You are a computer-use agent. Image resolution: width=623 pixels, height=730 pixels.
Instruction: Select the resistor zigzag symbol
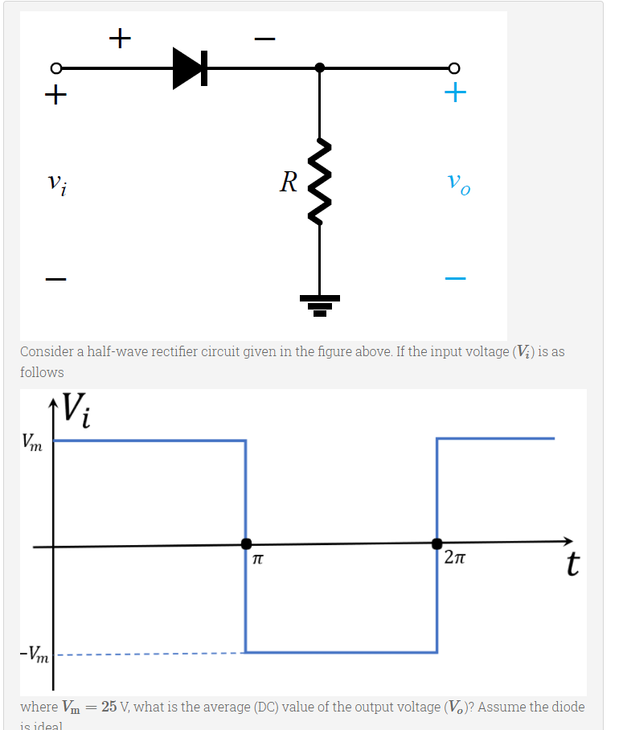(x=320, y=182)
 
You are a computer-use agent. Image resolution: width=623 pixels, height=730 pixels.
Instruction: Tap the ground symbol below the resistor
(x=320, y=304)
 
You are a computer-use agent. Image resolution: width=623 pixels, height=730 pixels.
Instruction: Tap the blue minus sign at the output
(x=456, y=279)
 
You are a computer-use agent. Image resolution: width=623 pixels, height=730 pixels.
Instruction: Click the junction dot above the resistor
(x=320, y=68)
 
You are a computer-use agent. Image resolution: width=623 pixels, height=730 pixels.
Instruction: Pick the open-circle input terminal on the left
(x=56, y=68)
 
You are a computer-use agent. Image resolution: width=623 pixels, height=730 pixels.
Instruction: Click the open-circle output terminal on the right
(x=455, y=68)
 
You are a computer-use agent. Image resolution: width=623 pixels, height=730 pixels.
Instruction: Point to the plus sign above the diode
(x=120, y=37)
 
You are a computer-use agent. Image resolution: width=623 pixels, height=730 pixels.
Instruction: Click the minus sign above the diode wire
(x=264, y=39)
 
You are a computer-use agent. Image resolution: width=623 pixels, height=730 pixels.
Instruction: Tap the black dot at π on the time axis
(x=247, y=544)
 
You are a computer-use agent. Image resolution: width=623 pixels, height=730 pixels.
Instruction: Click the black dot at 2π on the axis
(x=437, y=544)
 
